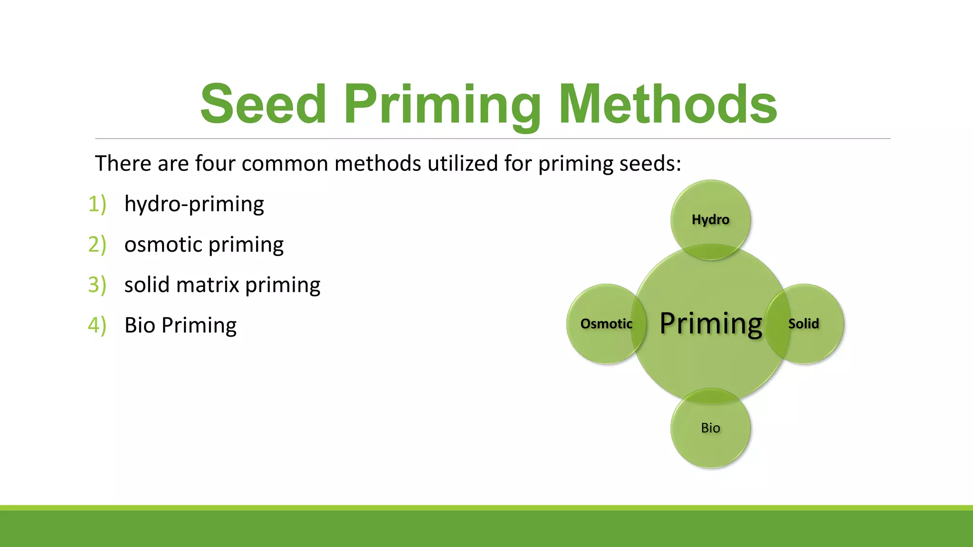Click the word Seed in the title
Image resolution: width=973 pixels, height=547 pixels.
click(263, 104)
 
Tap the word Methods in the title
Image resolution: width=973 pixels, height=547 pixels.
click(668, 104)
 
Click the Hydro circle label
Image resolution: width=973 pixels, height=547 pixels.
click(710, 220)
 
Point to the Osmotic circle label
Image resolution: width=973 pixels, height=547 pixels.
click(606, 324)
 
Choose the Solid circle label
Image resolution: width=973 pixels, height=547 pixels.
click(803, 324)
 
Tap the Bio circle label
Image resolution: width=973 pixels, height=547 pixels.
click(710, 428)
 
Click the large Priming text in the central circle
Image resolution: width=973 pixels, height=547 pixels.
click(711, 324)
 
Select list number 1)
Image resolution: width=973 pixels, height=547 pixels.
click(97, 204)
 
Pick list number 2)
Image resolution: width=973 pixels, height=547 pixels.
click(97, 245)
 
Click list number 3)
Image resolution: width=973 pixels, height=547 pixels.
click(97, 285)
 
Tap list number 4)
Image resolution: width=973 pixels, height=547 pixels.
click(97, 325)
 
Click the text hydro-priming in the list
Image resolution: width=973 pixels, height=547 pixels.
click(194, 204)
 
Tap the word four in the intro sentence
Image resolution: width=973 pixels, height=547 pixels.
click(215, 163)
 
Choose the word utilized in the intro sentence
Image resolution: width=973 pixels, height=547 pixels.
click(463, 163)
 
